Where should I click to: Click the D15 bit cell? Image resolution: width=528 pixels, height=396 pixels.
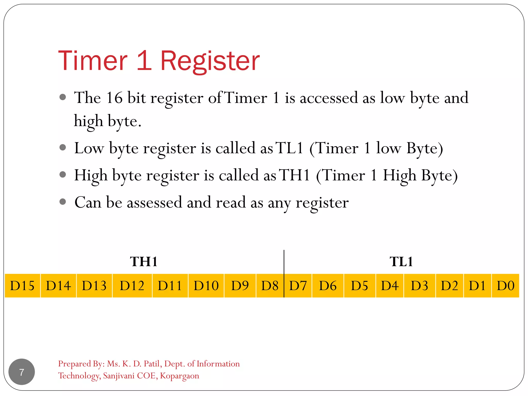[x=22, y=286]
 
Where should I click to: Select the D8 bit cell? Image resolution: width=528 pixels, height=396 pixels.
[x=270, y=286]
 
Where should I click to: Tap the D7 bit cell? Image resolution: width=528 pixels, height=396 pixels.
[x=298, y=286]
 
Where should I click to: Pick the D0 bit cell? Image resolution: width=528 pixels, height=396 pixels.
[x=505, y=286]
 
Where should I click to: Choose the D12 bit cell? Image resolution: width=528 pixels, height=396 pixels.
[x=132, y=286]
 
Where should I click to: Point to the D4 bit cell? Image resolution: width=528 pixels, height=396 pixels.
[x=390, y=286]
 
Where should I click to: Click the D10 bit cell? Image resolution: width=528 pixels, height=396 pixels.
[x=206, y=286]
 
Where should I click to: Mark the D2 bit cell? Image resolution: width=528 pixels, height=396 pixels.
[x=449, y=286]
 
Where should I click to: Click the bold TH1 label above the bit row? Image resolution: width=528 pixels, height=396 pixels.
[x=144, y=262]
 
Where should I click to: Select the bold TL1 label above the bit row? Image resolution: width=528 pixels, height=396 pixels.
[x=401, y=262]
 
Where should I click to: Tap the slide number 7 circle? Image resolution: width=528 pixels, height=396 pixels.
[x=22, y=372]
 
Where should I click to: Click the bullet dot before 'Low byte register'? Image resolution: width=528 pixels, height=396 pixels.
[x=63, y=147]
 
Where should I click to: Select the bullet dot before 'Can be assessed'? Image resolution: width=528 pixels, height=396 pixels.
[x=63, y=201]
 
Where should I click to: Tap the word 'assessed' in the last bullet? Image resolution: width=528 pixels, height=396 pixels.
[x=154, y=203]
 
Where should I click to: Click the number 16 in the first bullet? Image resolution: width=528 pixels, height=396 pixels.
[x=114, y=98]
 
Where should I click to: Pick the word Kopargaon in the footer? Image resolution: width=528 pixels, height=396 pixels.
[x=179, y=376]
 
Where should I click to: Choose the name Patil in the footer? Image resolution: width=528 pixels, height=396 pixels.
[x=153, y=364]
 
